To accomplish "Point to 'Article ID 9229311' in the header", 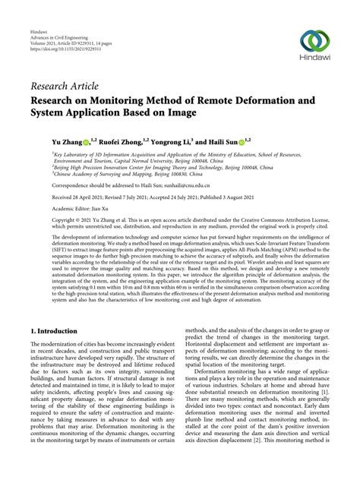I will [x=75, y=41].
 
